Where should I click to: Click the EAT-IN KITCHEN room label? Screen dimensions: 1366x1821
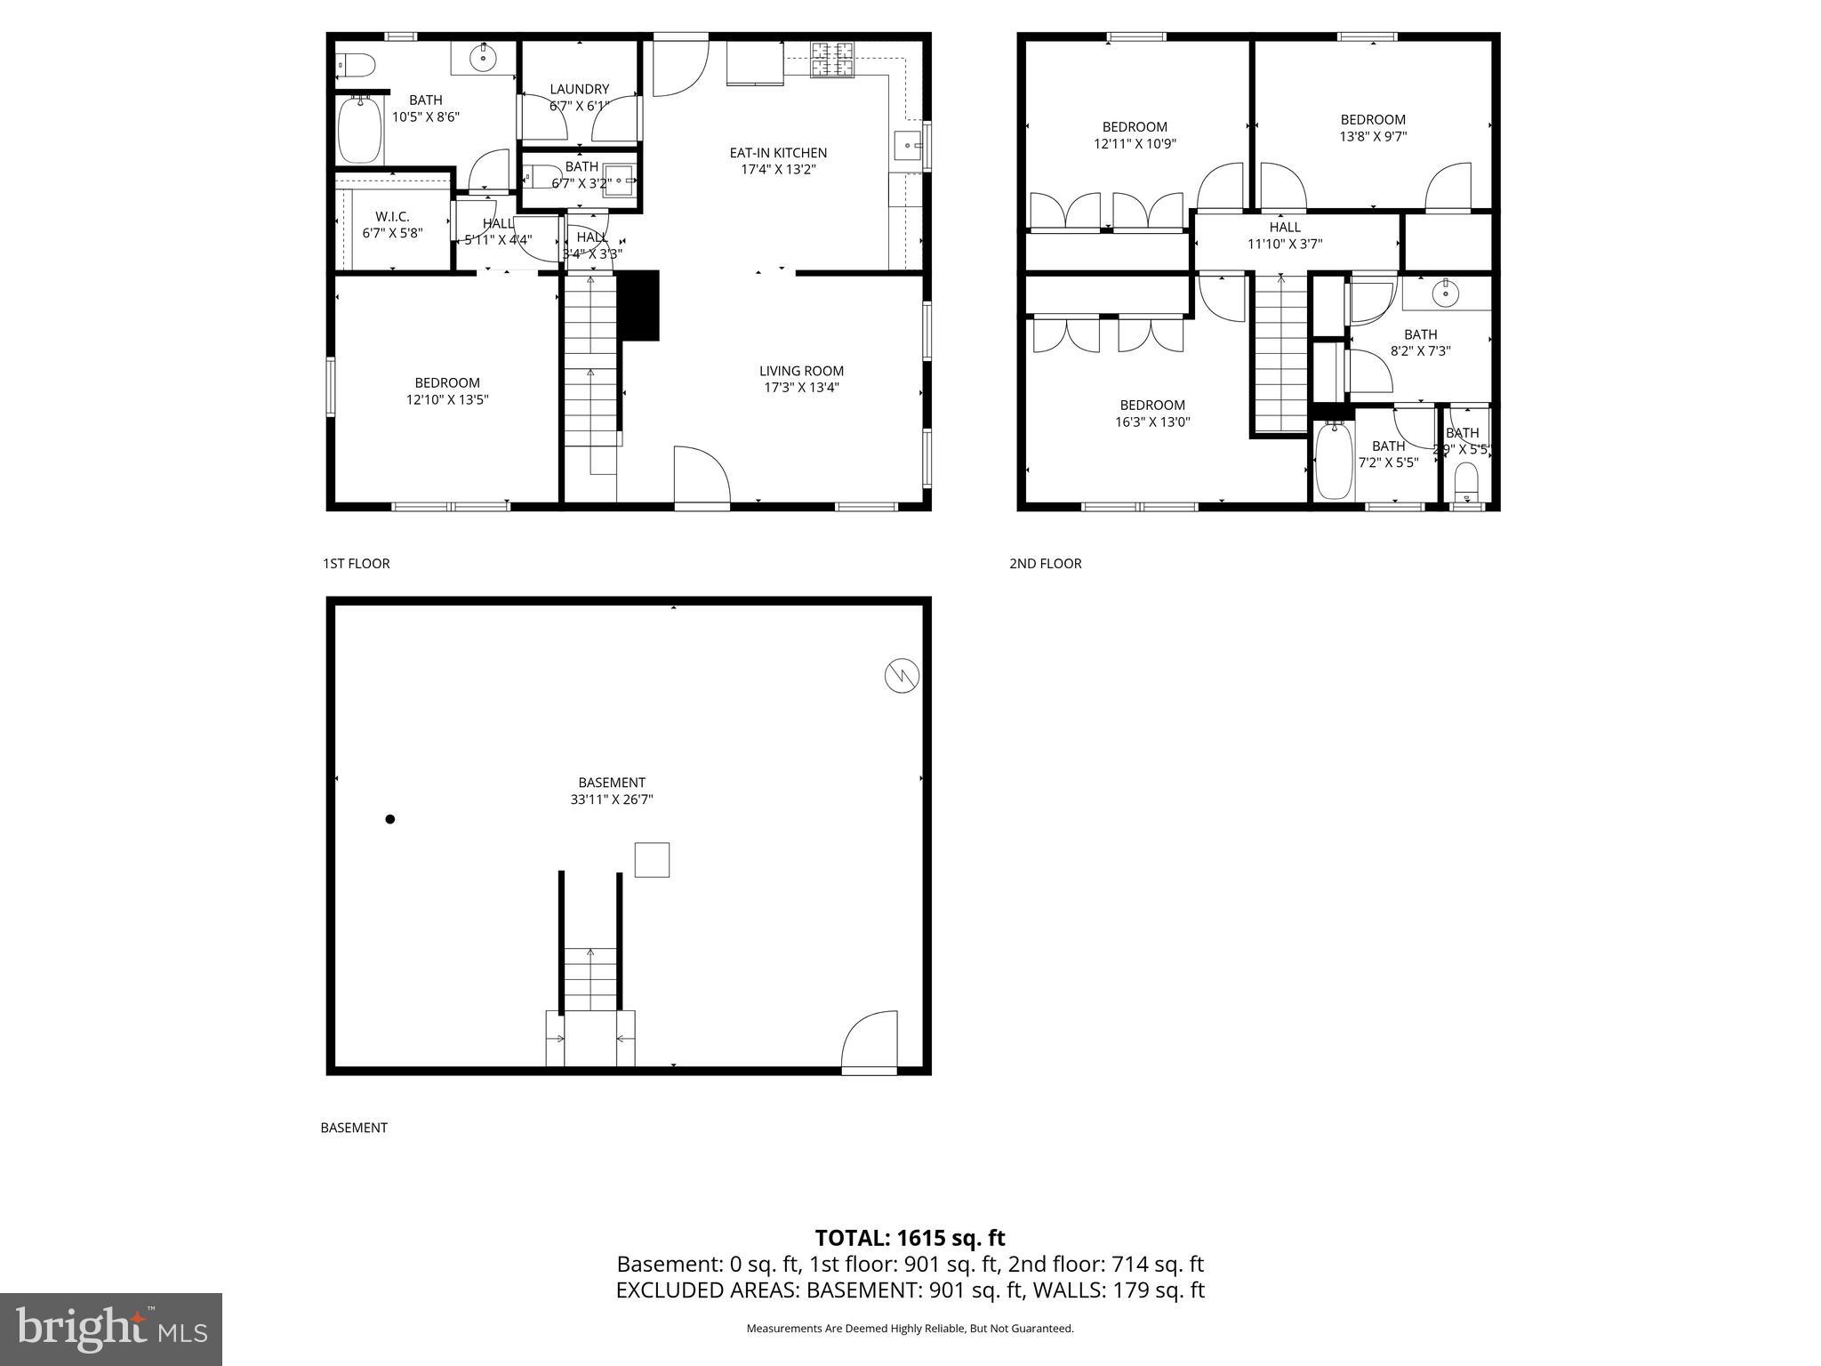[778, 153]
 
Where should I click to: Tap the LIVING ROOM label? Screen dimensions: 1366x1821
[801, 371]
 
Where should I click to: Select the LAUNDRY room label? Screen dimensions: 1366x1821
[579, 89]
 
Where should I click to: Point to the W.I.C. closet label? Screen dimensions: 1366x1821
[392, 217]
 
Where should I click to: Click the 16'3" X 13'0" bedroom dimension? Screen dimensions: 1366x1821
[1152, 422]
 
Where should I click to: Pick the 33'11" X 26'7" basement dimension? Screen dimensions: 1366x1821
[612, 800]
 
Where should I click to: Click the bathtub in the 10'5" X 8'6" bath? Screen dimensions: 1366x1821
[359, 131]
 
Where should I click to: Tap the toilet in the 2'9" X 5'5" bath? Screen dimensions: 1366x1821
[1466, 484]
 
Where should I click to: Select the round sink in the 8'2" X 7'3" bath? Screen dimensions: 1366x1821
[1446, 291]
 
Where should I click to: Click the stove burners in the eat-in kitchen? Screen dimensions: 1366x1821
[831, 59]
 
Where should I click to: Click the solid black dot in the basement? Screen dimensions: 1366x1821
[389, 819]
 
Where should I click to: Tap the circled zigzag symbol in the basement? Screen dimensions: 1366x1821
[902, 677]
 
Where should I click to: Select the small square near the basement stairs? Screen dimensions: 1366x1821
[652, 860]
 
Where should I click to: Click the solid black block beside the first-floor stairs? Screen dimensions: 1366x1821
[638, 305]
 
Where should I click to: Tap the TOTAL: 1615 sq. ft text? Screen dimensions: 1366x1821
[910, 1238]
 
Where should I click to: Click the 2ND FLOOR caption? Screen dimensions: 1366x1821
[1045, 564]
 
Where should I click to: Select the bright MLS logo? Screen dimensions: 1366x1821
[110, 1328]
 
